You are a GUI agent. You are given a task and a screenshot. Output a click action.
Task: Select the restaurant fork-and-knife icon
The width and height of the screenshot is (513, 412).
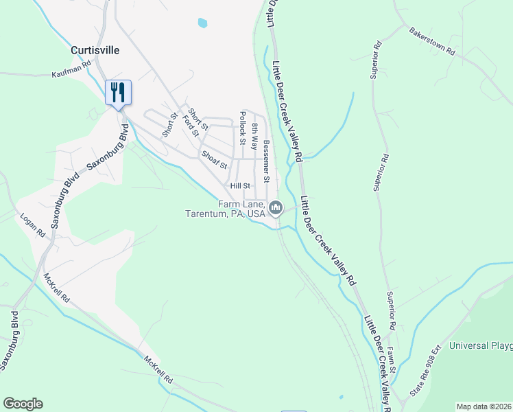tap(118, 91)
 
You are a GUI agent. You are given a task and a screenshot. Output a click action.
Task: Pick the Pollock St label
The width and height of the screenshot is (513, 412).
tap(242, 128)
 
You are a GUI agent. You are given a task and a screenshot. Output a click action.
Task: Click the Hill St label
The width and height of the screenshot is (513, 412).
tap(241, 186)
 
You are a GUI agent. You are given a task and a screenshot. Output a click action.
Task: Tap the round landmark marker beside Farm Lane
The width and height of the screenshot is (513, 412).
tap(276, 207)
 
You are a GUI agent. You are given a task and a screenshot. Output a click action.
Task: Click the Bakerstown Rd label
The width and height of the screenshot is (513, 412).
tap(432, 41)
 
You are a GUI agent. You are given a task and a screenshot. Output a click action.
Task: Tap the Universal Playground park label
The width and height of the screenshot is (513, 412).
tap(480, 346)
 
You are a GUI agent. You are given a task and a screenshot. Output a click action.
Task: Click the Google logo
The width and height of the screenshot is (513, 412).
tap(23, 404)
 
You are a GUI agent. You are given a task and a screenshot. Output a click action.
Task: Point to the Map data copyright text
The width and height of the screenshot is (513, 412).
tap(484, 407)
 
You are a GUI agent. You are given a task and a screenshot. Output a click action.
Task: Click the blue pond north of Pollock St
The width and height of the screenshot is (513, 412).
tap(202, 23)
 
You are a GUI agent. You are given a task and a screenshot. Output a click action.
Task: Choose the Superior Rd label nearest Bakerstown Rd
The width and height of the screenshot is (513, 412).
tap(376, 62)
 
